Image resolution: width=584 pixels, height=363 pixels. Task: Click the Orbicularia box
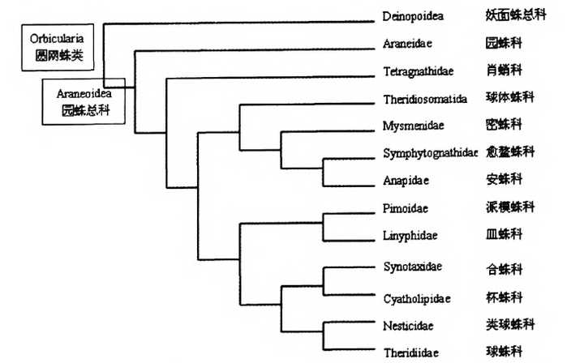tap(57, 47)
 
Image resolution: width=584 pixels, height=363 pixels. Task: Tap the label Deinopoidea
tap(412, 15)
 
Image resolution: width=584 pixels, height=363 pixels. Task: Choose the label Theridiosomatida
tap(425, 99)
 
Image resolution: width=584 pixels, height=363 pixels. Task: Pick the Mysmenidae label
tap(410, 126)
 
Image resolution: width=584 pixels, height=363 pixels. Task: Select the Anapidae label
tap(406, 180)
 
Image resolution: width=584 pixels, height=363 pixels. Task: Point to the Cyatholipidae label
tap(415, 298)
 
